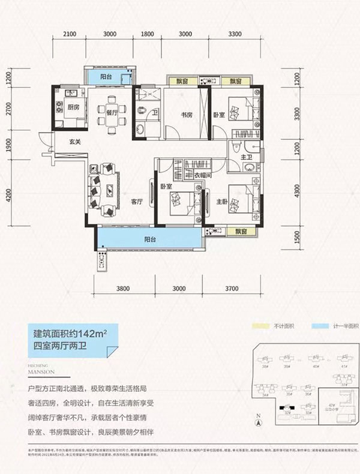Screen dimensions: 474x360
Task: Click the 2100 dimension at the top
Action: (x=71, y=34)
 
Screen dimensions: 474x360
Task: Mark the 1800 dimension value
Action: (x=148, y=34)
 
